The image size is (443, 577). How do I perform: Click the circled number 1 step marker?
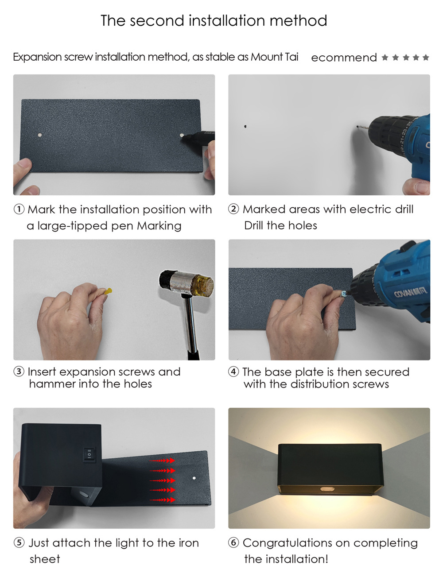point(19,209)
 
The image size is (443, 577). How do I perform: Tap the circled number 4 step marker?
point(233,372)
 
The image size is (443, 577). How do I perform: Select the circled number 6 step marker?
point(233,543)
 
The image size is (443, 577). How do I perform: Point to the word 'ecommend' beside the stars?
point(344,58)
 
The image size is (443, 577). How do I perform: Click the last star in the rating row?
point(426,57)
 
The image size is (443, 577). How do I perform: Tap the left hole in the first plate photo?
point(40,135)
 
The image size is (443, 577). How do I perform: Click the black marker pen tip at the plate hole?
point(184,136)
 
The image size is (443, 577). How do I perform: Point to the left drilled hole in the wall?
point(245,126)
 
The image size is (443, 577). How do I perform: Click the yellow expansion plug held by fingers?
point(109,291)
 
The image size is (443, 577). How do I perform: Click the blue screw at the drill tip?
point(344,294)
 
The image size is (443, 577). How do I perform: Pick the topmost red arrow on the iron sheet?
point(162,461)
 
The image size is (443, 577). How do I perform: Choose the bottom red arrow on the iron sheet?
point(162,500)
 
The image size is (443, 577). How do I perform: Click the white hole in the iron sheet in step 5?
point(194,478)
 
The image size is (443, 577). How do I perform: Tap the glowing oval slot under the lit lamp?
point(328,489)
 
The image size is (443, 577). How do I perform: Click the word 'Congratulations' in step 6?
point(296,543)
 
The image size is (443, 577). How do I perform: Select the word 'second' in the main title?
point(157,21)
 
